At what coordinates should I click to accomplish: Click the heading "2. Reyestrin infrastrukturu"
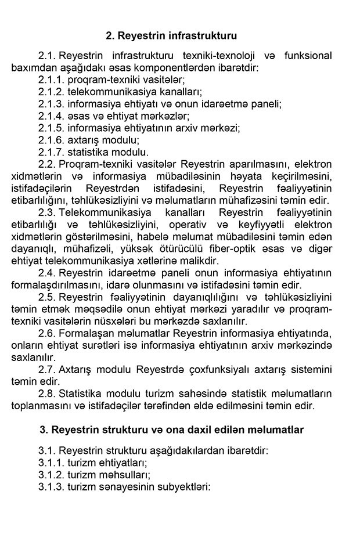click(171, 36)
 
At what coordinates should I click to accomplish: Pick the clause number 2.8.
click(46, 392)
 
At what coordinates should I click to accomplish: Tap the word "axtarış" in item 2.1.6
click(86, 140)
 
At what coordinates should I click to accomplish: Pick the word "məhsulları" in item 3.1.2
click(117, 475)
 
